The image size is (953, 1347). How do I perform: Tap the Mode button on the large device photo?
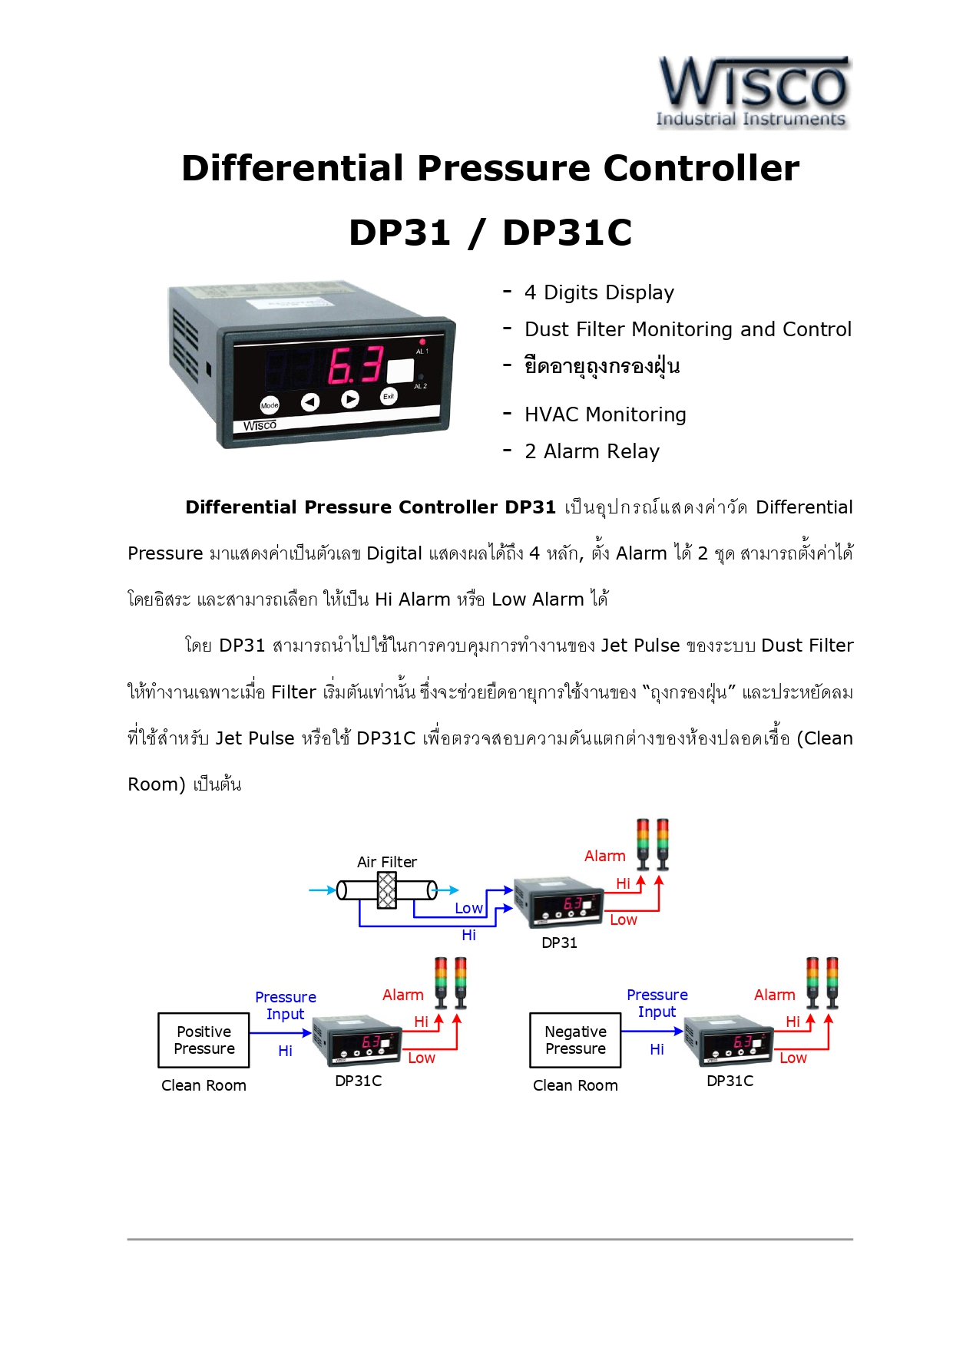pyautogui.click(x=270, y=405)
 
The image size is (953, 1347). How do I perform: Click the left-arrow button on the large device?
pyautogui.click(x=309, y=401)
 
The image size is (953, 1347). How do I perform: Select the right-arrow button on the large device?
pyautogui.click(x=350, y=399)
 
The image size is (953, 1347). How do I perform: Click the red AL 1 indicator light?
pyautogui.click(x=422, y=342)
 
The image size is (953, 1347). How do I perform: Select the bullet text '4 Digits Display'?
pyautogui.click(x=599, y=292)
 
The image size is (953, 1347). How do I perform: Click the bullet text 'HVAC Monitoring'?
pyautogui.click(x=605, y=414)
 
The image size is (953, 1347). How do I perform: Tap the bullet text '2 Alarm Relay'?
pyautogui.click(x=592, y=451)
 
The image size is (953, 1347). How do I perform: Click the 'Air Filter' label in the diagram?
pyautogui.click(x=387, y=862)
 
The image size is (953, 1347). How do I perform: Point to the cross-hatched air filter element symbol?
pyautogui.click(x=387, y=890)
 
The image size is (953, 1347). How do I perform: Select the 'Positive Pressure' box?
pyautogui.click(x=204, y=1040)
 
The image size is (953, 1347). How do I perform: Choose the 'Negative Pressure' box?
pyautogui.click(x=575, y=1040)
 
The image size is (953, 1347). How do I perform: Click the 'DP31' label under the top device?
pyautogui.click(x=559, y=943)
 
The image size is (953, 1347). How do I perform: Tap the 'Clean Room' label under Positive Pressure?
pyautogui.click(x=204, y=1085)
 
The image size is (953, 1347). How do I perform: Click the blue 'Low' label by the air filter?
pyautogui.click(x=468, y=908)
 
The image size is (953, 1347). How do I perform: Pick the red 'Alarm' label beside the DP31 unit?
pyautogui.click(x=605, y=856)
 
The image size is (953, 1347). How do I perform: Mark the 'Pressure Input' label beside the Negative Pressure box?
pyautogui.click(x=657, y=1003)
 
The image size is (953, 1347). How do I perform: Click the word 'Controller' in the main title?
pyautogui.click(x=701, y=168)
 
